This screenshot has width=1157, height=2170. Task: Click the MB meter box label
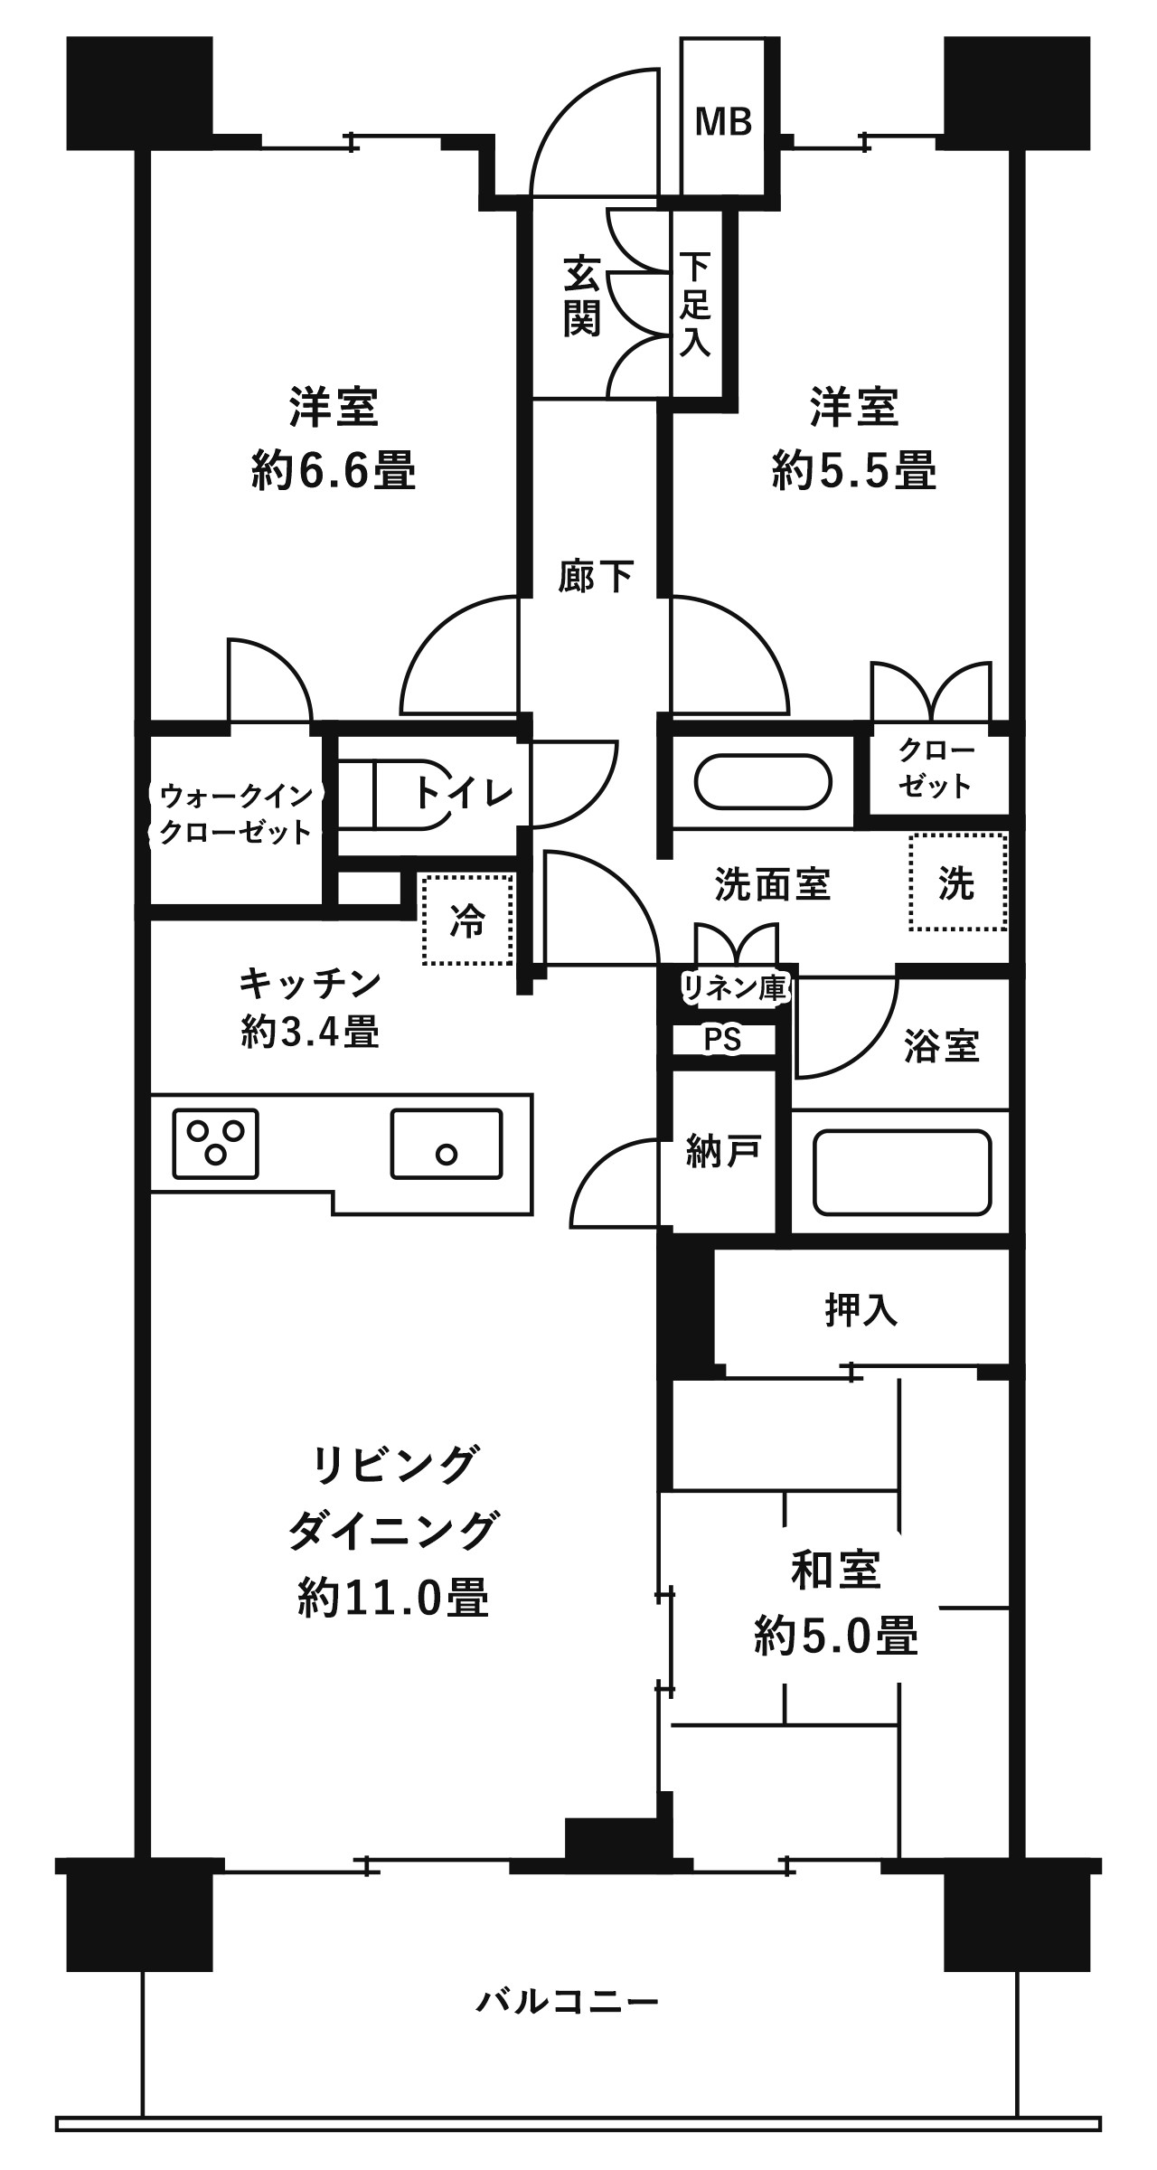pyautogui.click(x=723, y=120)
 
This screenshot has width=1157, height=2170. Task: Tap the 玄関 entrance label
pyautogui.click(x=583, y=296)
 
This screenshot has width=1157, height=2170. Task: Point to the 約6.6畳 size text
pyautogui.click(x=334, y=472)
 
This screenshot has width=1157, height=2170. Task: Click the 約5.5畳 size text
pyautogui.click(x=853, y=472)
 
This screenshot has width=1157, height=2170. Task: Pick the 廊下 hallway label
pyautogui.click(x=596, y=576)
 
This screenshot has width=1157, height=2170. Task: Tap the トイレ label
pyautogui.click(x=465, y=793)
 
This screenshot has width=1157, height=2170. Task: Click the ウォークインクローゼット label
pyautogui.click(x=235, y=814)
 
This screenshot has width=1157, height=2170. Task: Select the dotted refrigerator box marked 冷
pyautogui.click(x=467, y=919)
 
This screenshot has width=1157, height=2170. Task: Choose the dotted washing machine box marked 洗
pyautogui.click(x=957, y=882)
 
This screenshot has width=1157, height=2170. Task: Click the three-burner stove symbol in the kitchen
pyautogui.click(x=215, y=1143)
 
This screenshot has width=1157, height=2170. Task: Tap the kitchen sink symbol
pyautogui.click(x=447, y=1143)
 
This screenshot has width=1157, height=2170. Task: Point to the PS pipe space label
pyautogui.click(x=722, y=1040)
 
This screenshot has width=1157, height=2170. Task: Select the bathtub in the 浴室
pyautogui.click(x=901, y=1172)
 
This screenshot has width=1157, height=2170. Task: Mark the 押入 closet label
pyautogui.click(x=861, y=1310)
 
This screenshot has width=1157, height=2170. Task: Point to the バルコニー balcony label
pyautogui.click(x=568, y=2001)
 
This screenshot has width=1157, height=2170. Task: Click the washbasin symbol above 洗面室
pyautogui.click(x=764, y=782)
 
